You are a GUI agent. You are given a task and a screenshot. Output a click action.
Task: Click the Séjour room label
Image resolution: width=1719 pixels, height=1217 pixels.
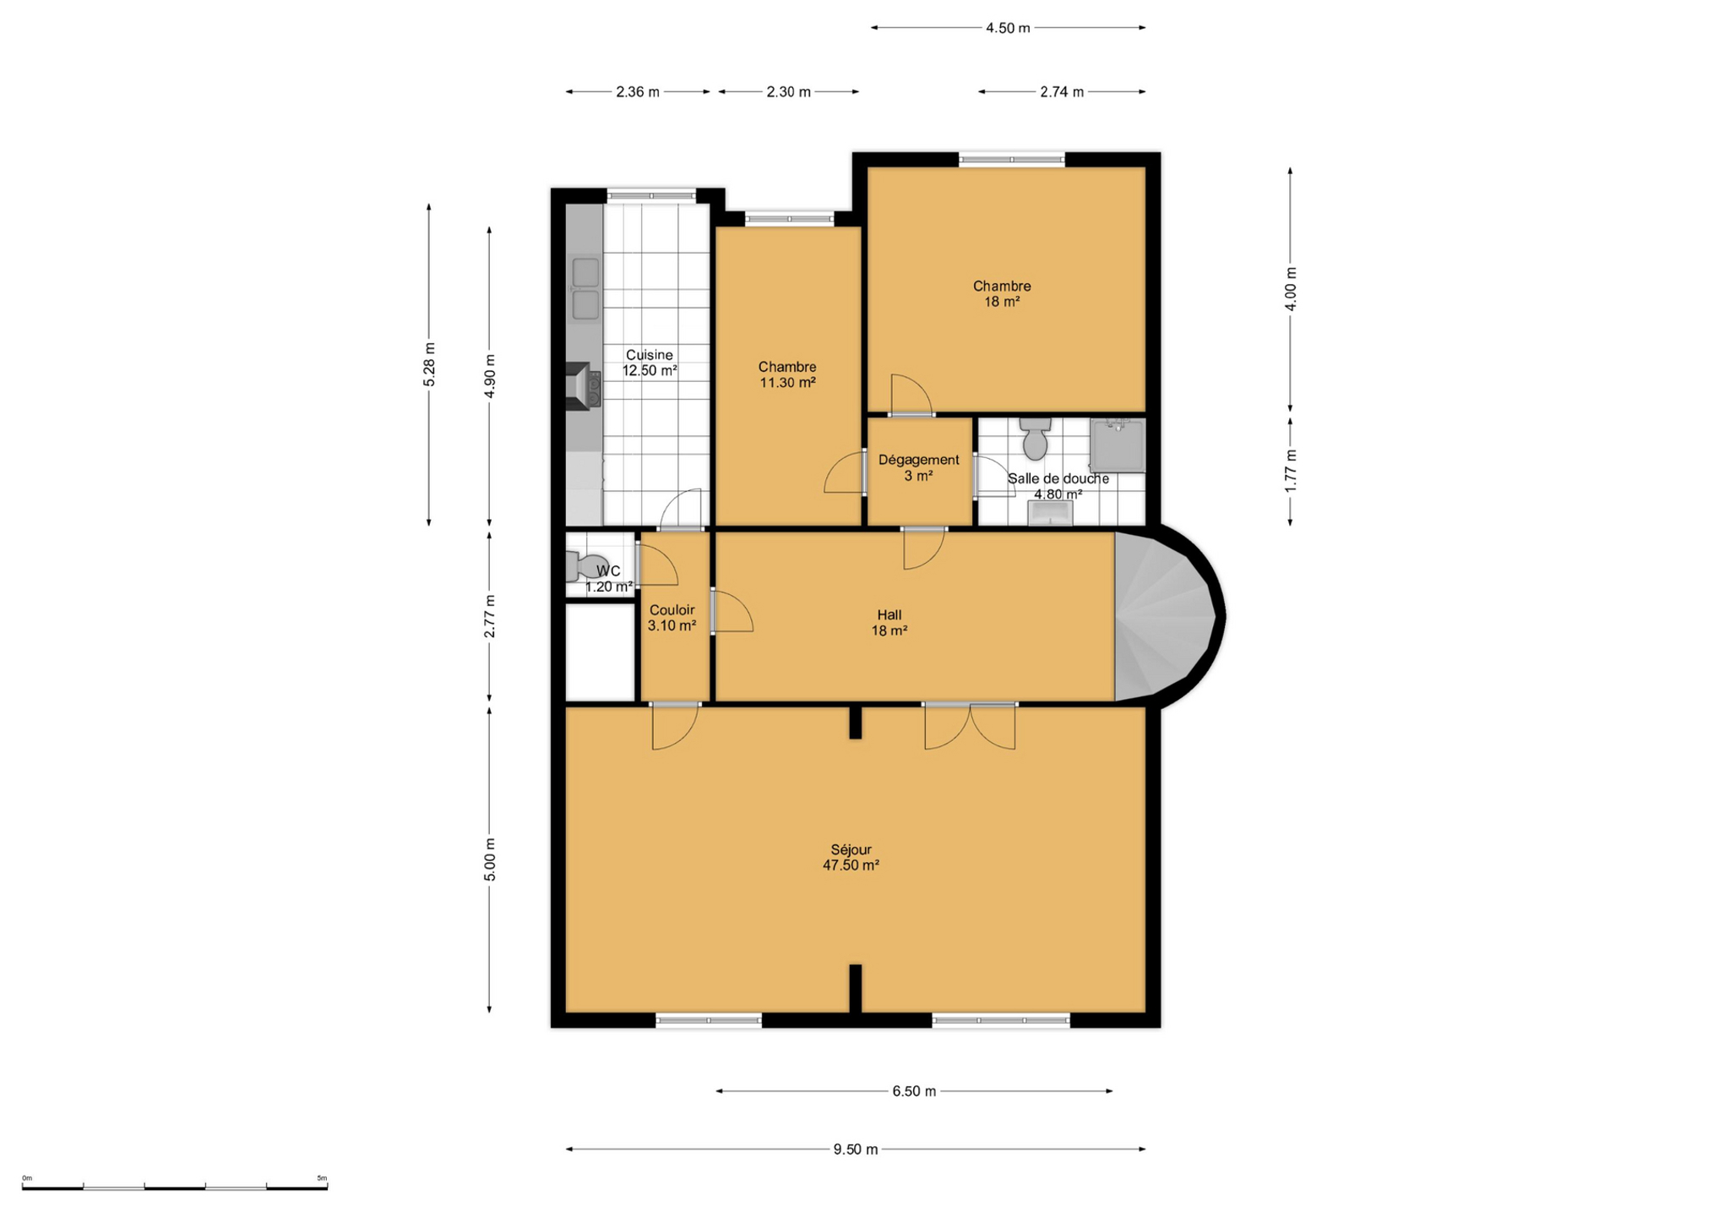851,857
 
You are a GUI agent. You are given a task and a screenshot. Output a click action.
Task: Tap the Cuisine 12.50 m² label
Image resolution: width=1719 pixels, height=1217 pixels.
650,363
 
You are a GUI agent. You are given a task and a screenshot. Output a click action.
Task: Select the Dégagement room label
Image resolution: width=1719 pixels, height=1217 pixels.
918,467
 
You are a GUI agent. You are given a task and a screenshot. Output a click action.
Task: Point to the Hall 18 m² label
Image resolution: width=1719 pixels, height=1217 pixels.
889,623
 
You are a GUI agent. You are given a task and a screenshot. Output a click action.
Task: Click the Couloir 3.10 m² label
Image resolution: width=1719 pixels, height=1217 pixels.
672,618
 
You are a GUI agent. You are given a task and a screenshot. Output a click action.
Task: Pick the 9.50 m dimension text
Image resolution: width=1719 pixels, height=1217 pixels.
856,1149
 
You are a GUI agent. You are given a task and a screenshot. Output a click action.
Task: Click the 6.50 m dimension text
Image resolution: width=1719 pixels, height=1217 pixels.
914,1091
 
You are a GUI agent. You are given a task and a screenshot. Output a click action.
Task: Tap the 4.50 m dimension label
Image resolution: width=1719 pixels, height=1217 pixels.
1008,28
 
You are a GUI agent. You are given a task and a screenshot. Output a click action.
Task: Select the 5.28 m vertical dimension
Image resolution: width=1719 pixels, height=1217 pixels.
429,365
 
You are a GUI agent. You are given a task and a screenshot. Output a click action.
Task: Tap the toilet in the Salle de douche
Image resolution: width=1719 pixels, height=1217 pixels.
1035,438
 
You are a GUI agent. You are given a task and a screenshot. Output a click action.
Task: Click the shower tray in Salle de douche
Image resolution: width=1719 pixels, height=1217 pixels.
1118,445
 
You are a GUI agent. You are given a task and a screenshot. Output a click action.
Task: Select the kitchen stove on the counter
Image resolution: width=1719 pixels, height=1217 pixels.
583,386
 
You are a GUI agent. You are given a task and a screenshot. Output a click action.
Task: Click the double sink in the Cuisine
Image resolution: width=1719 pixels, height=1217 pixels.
585,289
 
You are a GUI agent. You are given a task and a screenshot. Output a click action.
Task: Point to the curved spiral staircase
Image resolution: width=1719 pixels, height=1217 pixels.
1166,617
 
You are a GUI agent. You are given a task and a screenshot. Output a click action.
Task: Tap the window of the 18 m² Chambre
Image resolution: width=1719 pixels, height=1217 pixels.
1011,159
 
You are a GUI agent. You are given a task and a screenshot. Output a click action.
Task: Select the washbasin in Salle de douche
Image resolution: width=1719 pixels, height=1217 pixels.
1050,513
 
